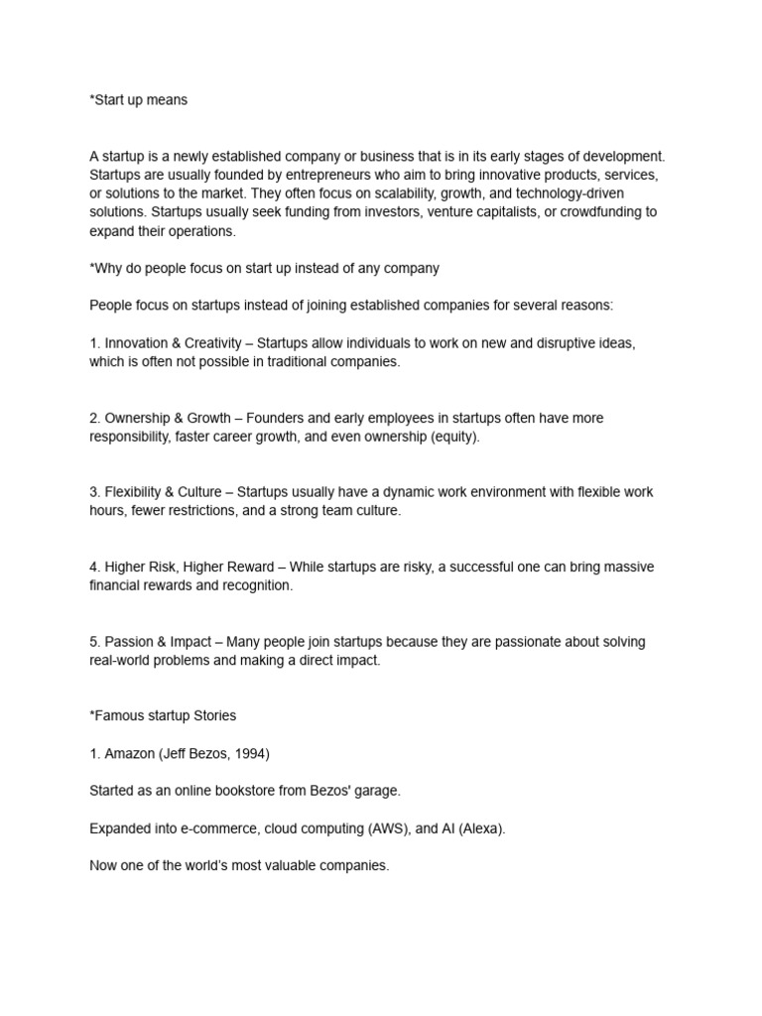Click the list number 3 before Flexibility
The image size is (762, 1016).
94,492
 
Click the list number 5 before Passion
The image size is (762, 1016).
94,642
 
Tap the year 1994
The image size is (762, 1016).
251,754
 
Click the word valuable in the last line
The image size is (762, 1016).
294,866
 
